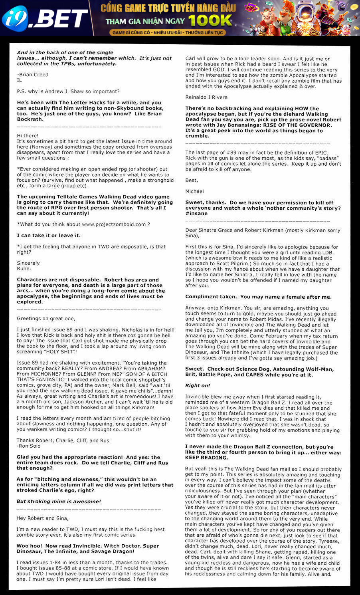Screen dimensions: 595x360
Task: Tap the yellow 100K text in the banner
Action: click(210, 20)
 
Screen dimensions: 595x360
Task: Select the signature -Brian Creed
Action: click(33, 75)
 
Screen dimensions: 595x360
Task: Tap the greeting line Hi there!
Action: click(28, 136)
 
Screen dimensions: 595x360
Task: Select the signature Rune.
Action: click(24, 269)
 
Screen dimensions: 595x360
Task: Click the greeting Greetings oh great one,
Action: click(46, 319)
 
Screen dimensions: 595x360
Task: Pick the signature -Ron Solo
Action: click(29, 446)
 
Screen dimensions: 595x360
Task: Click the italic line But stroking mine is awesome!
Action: click(59, 502)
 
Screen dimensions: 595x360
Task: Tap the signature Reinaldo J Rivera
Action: click(206, 97)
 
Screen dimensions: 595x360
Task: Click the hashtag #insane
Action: click(196, 214)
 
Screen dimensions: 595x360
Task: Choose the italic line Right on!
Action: click(198, 386)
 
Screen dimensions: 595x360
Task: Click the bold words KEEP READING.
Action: click(205, 458)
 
